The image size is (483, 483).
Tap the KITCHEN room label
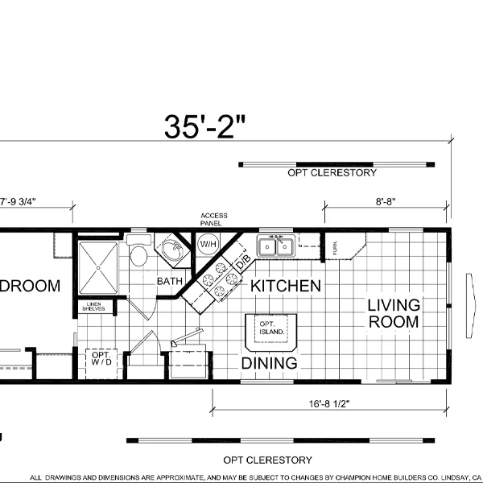click(x=286, y=286)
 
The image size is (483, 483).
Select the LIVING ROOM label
click(x=394, y=313)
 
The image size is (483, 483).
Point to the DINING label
click(x=269, y=363)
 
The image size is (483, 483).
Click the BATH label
click(x=169, y=282)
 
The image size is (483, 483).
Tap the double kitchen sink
click(x=275, y=246)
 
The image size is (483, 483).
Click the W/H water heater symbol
click(x=208, y=244)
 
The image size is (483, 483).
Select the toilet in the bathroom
click(x=138, y=254)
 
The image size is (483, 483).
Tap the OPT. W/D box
click(x=101, y=360)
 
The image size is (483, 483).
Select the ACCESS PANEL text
click(x=214, y=219)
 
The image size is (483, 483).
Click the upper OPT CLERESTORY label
click(x=331, y=173)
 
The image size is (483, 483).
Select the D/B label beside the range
click(x=242, y=263)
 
